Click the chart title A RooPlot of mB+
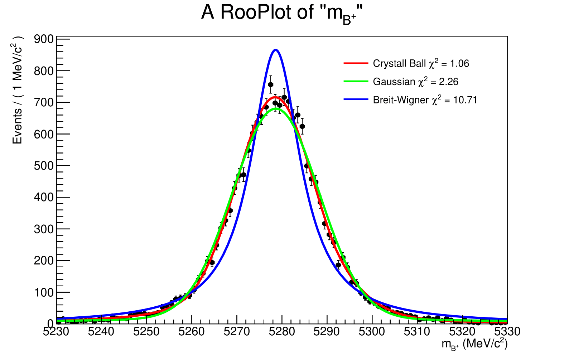pos(282,13)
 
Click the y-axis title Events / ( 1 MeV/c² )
pos(17,90)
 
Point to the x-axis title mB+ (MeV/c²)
pos(474,344)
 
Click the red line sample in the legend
pos(356,63)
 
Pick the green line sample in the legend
pos(356,82)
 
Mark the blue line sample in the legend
pos(356,99)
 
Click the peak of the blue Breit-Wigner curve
pos(275,50)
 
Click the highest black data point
pos(271,84)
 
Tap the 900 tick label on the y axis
pos(44,39)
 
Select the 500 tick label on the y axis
pos(44,166)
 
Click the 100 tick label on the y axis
pos(44,292)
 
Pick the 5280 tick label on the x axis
pos(282,332)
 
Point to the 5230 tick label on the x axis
pos(56,332)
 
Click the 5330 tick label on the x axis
pos(507,332)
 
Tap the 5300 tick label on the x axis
pos(372,332)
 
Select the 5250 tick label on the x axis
pos(146,332)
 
